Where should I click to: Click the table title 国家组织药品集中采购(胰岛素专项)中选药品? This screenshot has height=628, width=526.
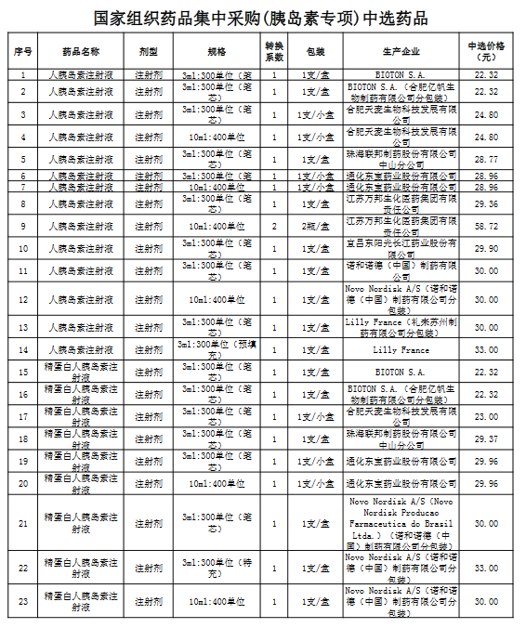(x=263, y=18)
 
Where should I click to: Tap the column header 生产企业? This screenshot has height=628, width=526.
(x=401, y=50)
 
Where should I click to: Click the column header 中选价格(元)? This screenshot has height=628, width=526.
(x=487, y=50)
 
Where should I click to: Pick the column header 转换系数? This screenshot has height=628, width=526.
(x=274, y=50)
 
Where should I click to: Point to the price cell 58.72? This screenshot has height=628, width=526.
(x=487, y=226)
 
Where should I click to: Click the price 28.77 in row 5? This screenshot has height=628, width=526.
(x=487, y=160)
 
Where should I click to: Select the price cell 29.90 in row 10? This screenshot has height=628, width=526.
(x=487, y=248)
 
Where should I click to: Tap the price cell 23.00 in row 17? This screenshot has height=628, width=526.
(x=487, y=416)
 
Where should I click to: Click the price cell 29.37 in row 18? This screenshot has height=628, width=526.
(x=487, y=438)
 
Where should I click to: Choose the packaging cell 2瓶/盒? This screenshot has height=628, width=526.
(x=314, y=226)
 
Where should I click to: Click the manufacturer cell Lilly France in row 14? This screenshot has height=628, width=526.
(x=401, y=350)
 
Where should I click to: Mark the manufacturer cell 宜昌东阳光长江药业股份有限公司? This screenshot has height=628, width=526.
(x=401, y=248)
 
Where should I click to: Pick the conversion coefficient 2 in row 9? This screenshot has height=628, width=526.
(x=274, y=226)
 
